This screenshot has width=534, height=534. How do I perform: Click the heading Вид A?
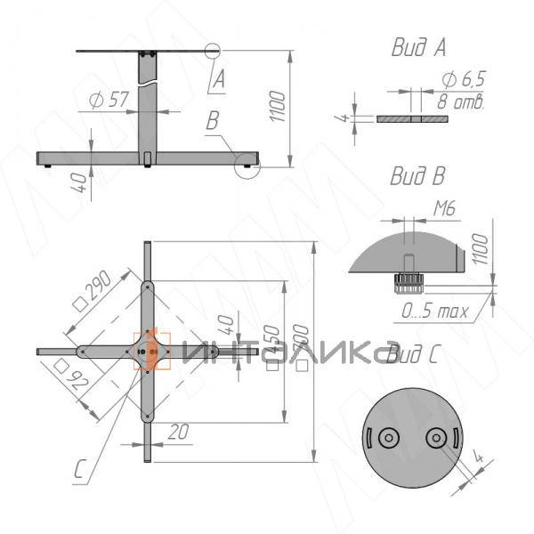click(417, 48)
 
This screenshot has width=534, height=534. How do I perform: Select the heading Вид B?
click(417, 176)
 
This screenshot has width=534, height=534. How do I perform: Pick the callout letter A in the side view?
click(217, 80)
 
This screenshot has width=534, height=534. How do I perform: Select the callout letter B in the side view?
click(213, 122)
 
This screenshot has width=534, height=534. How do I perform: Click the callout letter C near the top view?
click(80, 468)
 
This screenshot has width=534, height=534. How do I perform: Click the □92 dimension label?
click(71, 378)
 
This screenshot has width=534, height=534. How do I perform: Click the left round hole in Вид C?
click(388, 439)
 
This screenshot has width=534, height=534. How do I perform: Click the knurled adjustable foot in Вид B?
click(409, 282)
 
